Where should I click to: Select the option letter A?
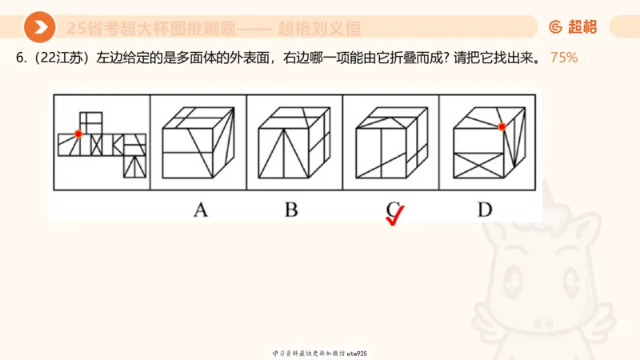pos(200,210)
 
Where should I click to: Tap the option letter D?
pos(485,210)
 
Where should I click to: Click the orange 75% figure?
pos(564,58)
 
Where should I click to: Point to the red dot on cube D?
pos(502,126)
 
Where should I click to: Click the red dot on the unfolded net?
pos(78,134)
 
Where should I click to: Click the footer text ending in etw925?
pos(320,353)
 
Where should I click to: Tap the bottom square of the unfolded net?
pos(134,166)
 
